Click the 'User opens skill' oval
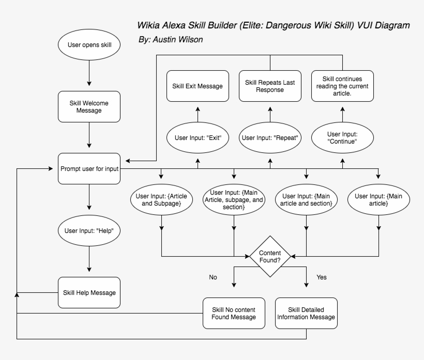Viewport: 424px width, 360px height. (89, 45)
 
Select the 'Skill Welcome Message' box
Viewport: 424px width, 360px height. (89, 106)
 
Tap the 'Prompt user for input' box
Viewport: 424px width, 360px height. (89, 168)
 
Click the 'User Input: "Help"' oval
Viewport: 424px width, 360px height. (89, 230)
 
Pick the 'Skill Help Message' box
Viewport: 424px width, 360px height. (89, 293)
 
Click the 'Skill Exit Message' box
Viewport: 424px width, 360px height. (198, 86)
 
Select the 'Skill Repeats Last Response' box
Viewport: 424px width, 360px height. (270, 86)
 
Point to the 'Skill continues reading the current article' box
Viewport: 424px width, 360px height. (342, 86)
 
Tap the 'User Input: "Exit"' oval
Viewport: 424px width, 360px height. (198, 138)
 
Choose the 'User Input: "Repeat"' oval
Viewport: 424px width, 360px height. (270, 138)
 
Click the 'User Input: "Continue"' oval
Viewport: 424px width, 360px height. (342, 138)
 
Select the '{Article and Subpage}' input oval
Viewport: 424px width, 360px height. (162, 199)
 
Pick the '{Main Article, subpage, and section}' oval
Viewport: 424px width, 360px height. (234, 199)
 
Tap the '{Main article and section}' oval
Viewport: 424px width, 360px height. (306, 199)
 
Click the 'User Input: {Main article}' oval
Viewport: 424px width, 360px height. (378, 199)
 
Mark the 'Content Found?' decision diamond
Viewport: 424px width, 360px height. (270, 256)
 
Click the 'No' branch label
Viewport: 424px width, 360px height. (213, 277)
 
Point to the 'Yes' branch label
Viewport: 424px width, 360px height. (322, 277)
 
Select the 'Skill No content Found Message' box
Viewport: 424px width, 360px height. (234, 314)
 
